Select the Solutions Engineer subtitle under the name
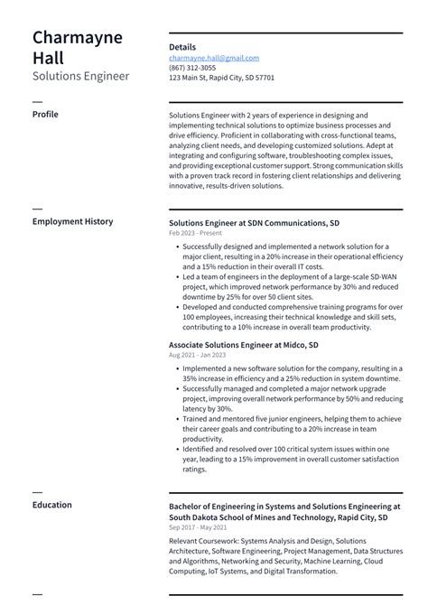click(80, 76)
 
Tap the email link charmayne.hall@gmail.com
click(213, 58)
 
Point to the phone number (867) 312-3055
click(192, 68)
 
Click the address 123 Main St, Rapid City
click(221, 78)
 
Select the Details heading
click(181, 47)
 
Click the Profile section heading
click(45, 115)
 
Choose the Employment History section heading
click(72, 221)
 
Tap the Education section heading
click(51, 505)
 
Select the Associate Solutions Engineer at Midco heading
click(243, 345)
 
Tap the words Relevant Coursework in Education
click(203, 541)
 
